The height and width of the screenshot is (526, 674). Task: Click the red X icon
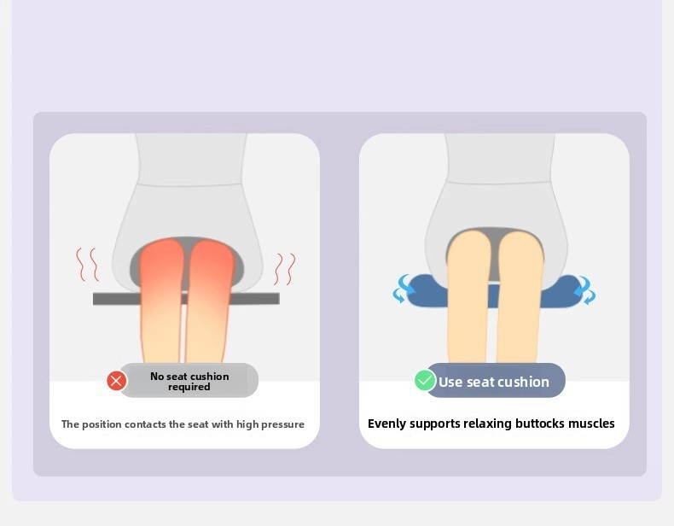coord(117,381)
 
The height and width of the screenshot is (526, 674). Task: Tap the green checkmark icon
coord(425,380)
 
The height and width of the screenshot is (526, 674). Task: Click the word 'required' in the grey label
coord(189,387)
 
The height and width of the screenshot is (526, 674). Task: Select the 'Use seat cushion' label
coord(495,380)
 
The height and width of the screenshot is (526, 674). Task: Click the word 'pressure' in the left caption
coord(282,424)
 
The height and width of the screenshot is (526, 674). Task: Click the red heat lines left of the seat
coord(87,265)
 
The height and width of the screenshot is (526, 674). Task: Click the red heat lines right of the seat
coord(285,269)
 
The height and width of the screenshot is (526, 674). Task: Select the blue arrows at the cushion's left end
coord(403,289)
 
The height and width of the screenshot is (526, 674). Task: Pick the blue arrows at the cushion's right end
coord(585,289)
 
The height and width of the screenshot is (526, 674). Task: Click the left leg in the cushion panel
coord(468,297)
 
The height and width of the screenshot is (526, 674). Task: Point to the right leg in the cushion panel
coord(520,297)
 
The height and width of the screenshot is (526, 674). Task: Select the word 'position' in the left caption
coord(102,424)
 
